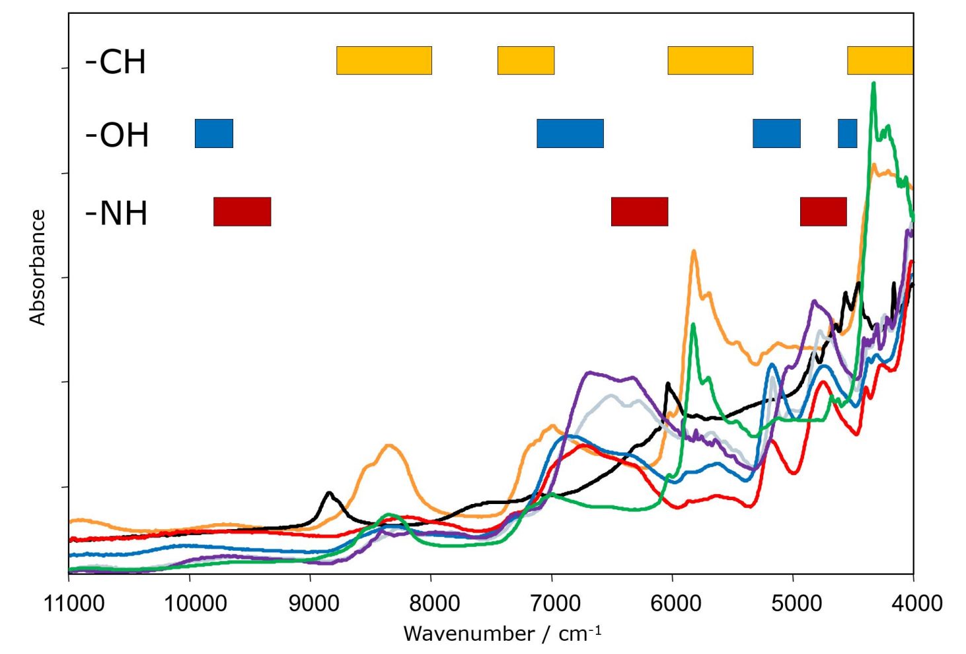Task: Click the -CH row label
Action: pyautogui.click(x=116, y=61)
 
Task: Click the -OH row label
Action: pyautogui.click(x=117, y=135)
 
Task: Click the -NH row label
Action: pyautogui.click(x=116, y=213)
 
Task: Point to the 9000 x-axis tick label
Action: pyautogui.click(x=310, y=603)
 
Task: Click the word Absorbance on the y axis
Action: pyautogui.click(x=38, y=267)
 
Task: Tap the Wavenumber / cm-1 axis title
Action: pyautogui.click(x=502, y=633)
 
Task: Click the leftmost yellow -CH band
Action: pyautogui.click(x=384, y=60)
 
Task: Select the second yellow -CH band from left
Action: pyautogui.click(x=525, y=60)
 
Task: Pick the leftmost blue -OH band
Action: pyautogui.click(x=213, y=133)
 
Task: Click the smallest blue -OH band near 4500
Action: pyautogui.click(x=847, y=133)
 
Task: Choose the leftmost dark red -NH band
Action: pyautogui.click(x=242, y=211)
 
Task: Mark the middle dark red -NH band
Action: pyautogui.click(x=639, y=211)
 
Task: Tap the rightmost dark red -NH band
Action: pyautogui.click(x=823, y=211)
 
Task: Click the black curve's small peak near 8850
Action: pyautogui.click(x=328, y=493)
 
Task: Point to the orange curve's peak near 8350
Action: pyautogui.click(x=389, y=445)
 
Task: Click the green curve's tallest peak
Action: pyautogui.click(x=873, y=84)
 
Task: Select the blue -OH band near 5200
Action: pyautogui.click(x=776, y=133)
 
